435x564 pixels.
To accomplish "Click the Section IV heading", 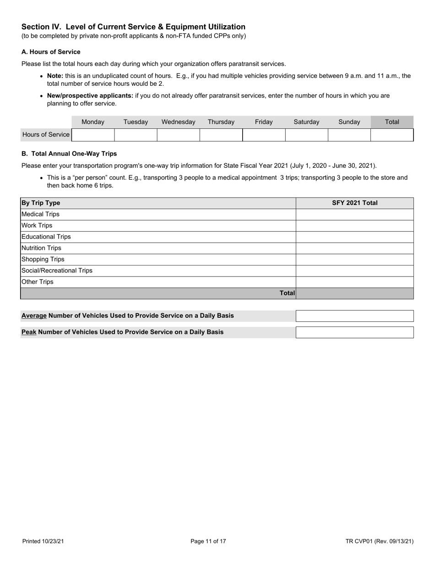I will [x=133, y=27].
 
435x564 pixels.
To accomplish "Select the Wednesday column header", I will [x=178, y=122].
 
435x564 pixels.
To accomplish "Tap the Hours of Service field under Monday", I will [x=93, y=135].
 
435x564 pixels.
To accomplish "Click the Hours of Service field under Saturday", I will [x=306, y=135].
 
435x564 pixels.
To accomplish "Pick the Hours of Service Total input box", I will [x=392, y=135].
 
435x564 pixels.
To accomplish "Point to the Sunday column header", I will [x=349, y=122].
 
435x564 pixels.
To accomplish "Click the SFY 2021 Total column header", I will [x=354, y=203].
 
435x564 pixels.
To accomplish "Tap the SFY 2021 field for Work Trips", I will [x=354, y=226].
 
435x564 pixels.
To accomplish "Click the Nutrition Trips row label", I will [x=41, y=248].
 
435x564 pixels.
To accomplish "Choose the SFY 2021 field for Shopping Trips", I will [x=354, y=260].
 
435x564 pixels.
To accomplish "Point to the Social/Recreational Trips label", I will [x=57, y=271].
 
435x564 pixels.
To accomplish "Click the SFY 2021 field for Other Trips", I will [x=354, y=282].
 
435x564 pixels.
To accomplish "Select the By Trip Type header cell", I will [x=41, y=203].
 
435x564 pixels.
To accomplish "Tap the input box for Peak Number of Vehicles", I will [x=354, y=332].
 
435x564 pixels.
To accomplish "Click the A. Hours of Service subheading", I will [x=51, y=52].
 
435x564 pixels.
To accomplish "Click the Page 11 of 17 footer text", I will [x=208, y=542].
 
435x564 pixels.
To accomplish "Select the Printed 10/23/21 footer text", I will [x=43, y=542].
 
